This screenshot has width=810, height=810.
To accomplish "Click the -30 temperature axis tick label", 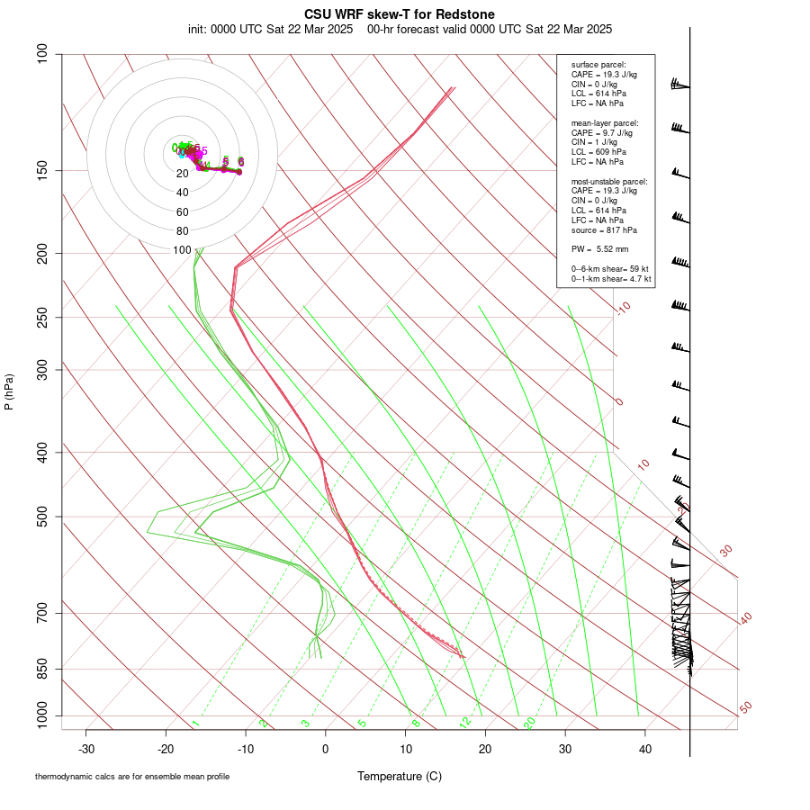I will pos(86,749).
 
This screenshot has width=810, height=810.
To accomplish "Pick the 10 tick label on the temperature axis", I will pos(406,749).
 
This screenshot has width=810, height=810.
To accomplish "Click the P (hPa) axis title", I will pos(9,391).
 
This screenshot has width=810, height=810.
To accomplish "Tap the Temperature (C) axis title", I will pos(400,776).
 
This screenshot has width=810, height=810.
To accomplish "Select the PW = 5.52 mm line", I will pos(599,248).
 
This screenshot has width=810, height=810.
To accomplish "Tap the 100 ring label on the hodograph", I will pos(183,250).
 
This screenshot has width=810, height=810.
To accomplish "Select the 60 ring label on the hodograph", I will pos(183,212).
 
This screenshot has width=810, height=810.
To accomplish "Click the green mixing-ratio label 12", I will pos(464,722).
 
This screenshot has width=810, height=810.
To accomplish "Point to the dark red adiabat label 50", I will pos(745,708).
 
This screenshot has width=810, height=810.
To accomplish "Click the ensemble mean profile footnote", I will pos(132,776).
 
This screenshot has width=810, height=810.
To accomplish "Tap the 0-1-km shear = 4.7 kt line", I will pos(611,279).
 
